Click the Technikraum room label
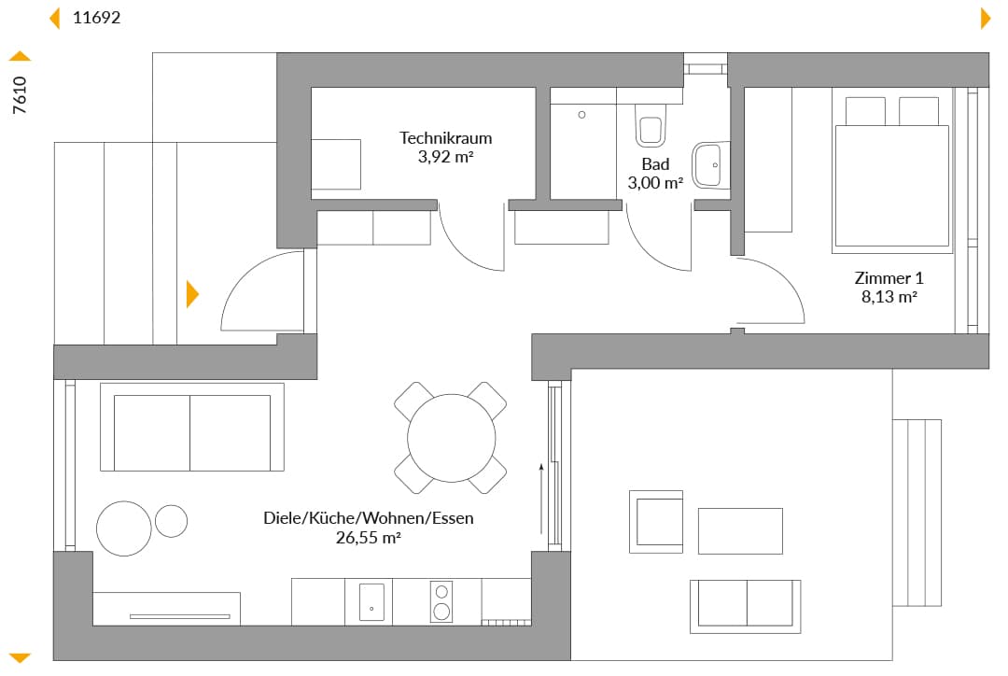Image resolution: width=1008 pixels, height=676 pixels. click(445, 137)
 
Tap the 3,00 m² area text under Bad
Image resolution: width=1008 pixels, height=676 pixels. click(655, 183)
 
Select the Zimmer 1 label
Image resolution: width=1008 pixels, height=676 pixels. click(889, 278)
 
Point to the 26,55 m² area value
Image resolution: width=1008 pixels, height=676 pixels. click(369, 538)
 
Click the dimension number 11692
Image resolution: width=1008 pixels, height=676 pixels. click(96, 18)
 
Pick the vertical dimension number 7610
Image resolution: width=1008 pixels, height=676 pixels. click(20, 95)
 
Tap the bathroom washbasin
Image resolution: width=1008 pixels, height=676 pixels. click(710, 165)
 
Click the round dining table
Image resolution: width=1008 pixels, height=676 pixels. click(452, 438)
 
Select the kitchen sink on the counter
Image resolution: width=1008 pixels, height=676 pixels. click(371, 602)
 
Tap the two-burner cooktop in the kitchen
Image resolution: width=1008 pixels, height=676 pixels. click(441, 601)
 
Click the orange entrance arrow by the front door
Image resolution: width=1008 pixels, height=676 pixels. click(192, 294)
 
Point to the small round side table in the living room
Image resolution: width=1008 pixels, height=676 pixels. click(171, 520)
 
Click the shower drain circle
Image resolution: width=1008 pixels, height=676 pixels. click(581, 115)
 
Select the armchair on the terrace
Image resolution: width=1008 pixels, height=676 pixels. click(656, 522)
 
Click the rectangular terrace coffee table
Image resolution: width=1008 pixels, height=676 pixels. click(740, 531)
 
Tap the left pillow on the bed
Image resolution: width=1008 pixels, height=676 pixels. click(865, 111)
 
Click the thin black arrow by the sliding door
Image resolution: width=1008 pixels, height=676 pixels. click(541, 499)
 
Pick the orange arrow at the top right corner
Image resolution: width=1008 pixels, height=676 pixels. click(986, 19)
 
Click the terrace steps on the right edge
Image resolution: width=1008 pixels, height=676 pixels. click(917, 513)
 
